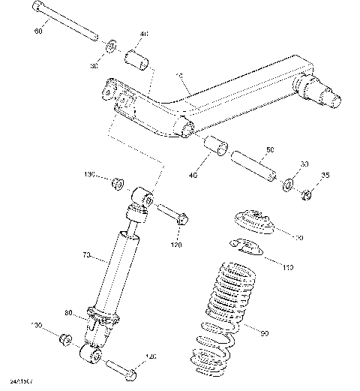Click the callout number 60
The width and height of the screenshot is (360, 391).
click(x=38, y=32)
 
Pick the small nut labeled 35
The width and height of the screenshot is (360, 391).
click(x=305, y=195)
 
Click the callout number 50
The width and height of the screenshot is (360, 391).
click(x=271, y=150)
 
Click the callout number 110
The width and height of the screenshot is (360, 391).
click(x=288, y=266)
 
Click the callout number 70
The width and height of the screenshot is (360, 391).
click(x=86, y=256)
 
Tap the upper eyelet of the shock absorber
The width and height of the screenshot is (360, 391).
click(x=142, y=197)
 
